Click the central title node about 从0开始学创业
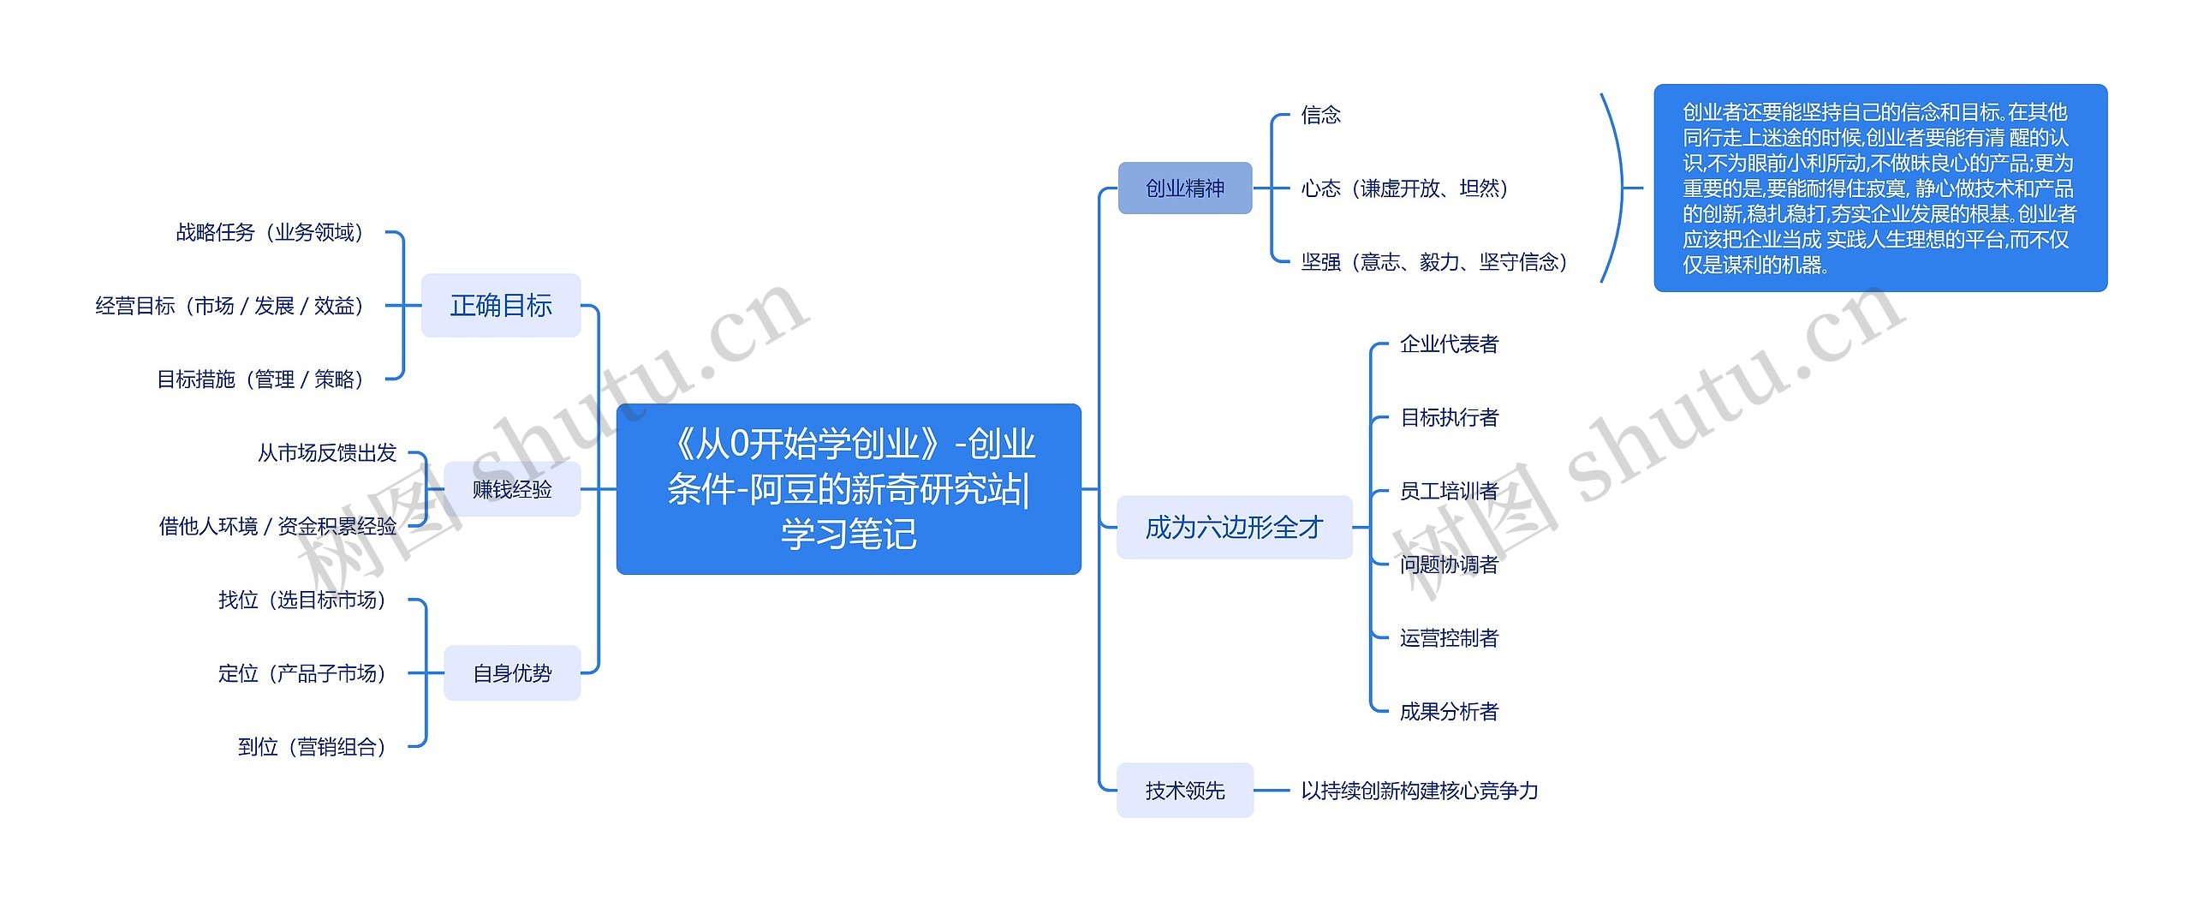click(849, 488)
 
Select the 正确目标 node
click(501, 305)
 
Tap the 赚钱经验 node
click(512, 489)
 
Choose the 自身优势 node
click(512, 673)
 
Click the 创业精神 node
click(1185, 188)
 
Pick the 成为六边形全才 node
click(1234, 527)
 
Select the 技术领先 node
click(1185, 790)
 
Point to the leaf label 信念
click(1320, 115)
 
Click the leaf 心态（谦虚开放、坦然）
click(1404, 188)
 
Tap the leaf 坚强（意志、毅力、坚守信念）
click(1434, 262)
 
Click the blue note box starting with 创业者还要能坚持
click(1879, 188)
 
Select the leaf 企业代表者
click(1449, 344)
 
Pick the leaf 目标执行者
click(1449, 418)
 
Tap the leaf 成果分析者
click(1449, 711)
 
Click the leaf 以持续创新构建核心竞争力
click(1419, 791)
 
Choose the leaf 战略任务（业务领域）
click(271, 232)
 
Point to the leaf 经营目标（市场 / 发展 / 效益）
click(230, 306)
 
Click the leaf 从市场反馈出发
click(327, 452)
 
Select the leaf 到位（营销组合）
click(313, 747)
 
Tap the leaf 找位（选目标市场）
click(302, 600)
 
